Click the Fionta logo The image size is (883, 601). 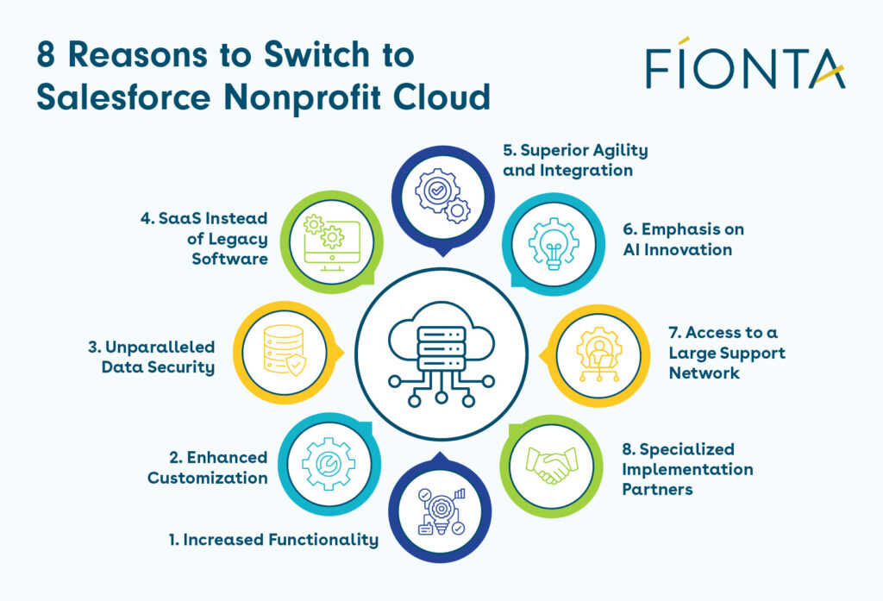click(x=745, y=66)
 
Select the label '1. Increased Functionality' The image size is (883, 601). click(x=272, y=540)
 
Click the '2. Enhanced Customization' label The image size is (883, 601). click(x=207, y=467)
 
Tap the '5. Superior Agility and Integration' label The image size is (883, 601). click(x=575, y=160)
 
